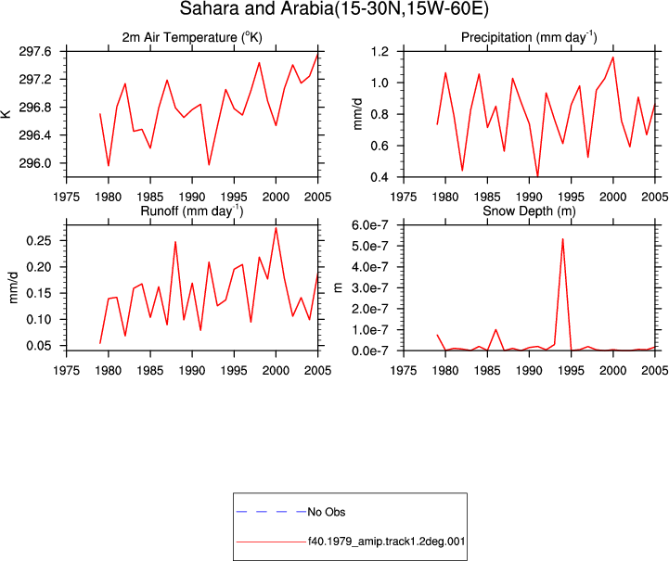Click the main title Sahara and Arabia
pyautogui.click(x=334, y=8)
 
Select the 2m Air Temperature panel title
pyautogui.click(x=192, y=37)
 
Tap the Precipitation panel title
pyautogui.click(x=529, y=37)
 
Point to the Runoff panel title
pyautogui.click(x=192, y=210)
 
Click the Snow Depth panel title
pyautogui.click(x=529, y=210)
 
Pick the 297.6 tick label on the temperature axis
pyautogui.click(x=35, y=52)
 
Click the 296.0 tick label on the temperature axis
pyautogui.click(x=35, y=163)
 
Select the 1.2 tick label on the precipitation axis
pyautogui.click(x=380, y=52)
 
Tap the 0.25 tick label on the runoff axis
pyautogui.click(x=39, y=241)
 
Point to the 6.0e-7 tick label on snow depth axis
pyautogui.click(x=369, y=224)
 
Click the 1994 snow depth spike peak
pyautogui.click(x=563, y=238)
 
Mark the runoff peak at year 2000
pyautogui.click(x=277, y=228)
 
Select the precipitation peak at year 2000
pyautogui.click(x=613, y=57)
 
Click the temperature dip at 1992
pyautogui.click(x=209, y=164)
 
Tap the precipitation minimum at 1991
pyautogui.click(x=537, y=175)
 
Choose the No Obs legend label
pyautogui.click(x=327, y=512)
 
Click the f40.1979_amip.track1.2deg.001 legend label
pyautogui.click(x=387, y=542)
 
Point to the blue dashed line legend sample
pyautogui.click(x=271, y=512)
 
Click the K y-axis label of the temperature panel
pyautogui.click(x=6, y=114)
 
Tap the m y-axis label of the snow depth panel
pyautogui.click(x=339, y=287)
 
